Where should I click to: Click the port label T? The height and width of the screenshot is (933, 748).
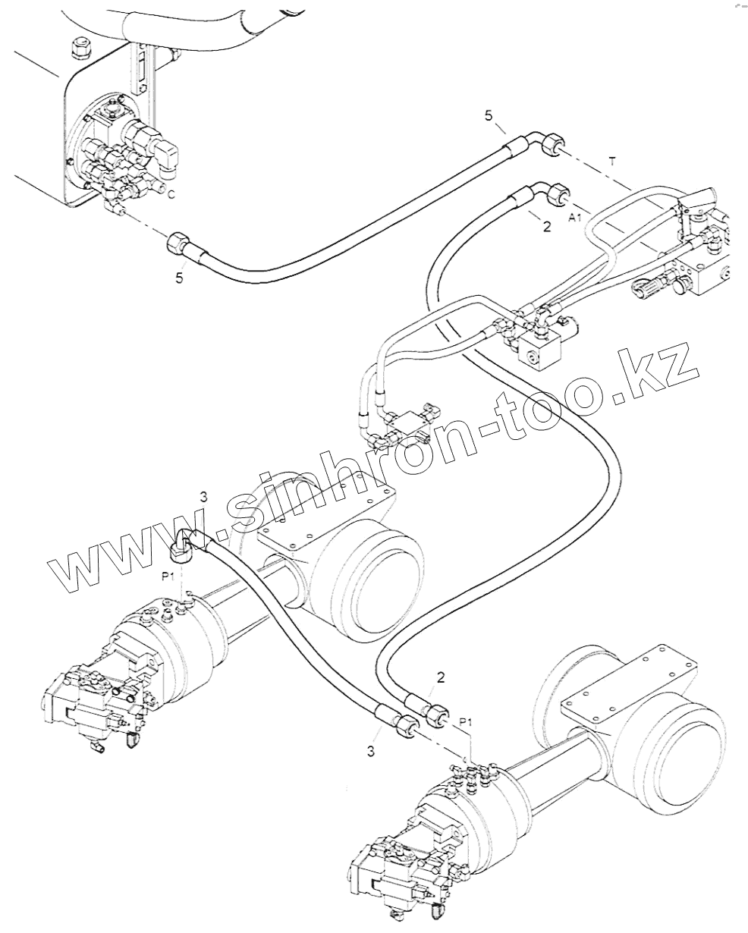pos(613,161)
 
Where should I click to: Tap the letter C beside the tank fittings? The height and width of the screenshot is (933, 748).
pos(171,195)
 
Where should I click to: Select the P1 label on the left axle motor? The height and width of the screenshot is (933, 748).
pos(169,577)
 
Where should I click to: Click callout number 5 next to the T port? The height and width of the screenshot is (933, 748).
pos(489,115)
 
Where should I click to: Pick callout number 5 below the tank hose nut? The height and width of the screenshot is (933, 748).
pos(179,278)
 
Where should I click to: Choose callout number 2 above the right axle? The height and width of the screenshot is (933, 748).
pos(440,676)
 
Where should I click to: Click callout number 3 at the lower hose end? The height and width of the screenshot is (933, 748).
pos(371,751)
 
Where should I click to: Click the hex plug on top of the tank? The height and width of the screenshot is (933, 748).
pos(77,49)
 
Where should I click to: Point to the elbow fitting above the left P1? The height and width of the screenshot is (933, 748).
pos(183,545)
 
